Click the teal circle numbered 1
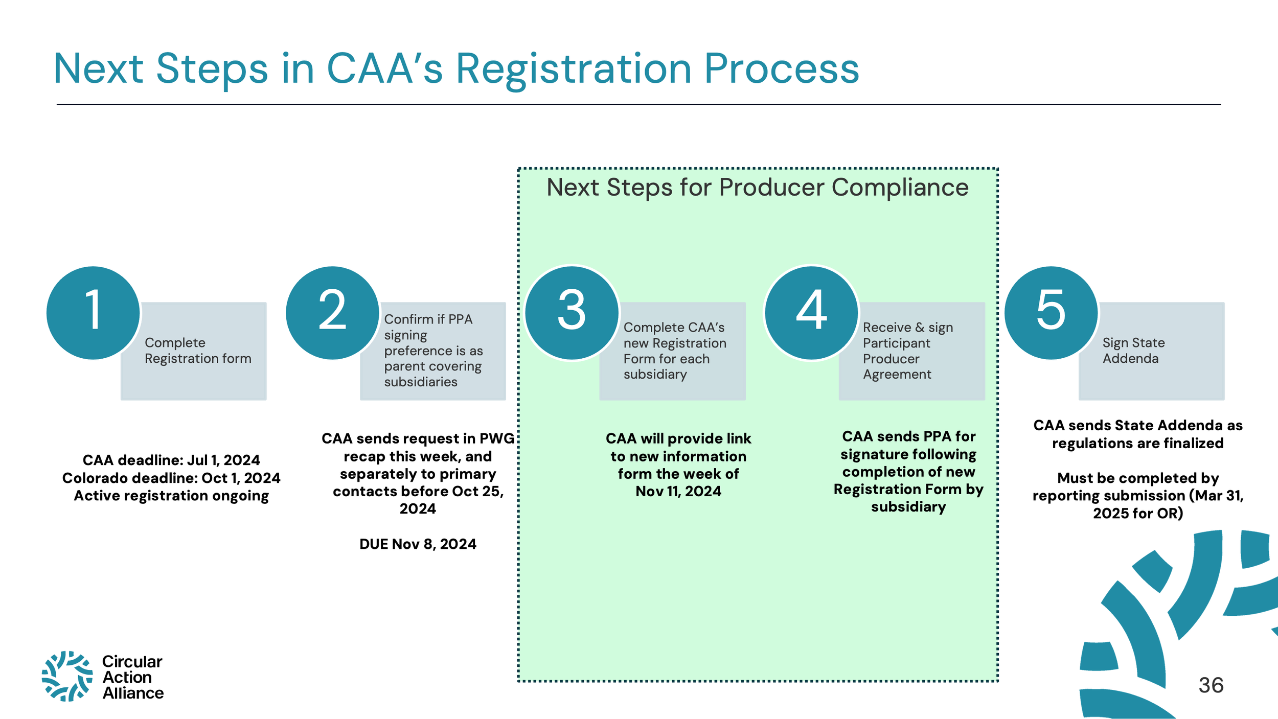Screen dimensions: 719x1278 93,312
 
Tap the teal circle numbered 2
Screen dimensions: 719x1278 332,312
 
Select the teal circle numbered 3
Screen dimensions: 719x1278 572,312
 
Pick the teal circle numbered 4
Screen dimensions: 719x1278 811,312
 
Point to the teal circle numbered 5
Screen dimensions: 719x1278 1051,312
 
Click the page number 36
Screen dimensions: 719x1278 1211,685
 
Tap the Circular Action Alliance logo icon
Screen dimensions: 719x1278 67,676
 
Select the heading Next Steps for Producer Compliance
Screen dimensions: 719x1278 757,187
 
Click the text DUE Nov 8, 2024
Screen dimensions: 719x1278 418,544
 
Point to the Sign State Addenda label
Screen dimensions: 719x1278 1133,351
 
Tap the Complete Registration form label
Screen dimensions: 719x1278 198,351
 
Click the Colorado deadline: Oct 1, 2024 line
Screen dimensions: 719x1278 171,478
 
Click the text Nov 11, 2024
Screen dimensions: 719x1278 678,491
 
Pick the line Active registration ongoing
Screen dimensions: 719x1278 171,496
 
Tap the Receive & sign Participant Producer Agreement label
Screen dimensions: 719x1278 907,351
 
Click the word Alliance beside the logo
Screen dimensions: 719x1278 133,693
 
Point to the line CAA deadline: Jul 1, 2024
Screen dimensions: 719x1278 171,460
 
